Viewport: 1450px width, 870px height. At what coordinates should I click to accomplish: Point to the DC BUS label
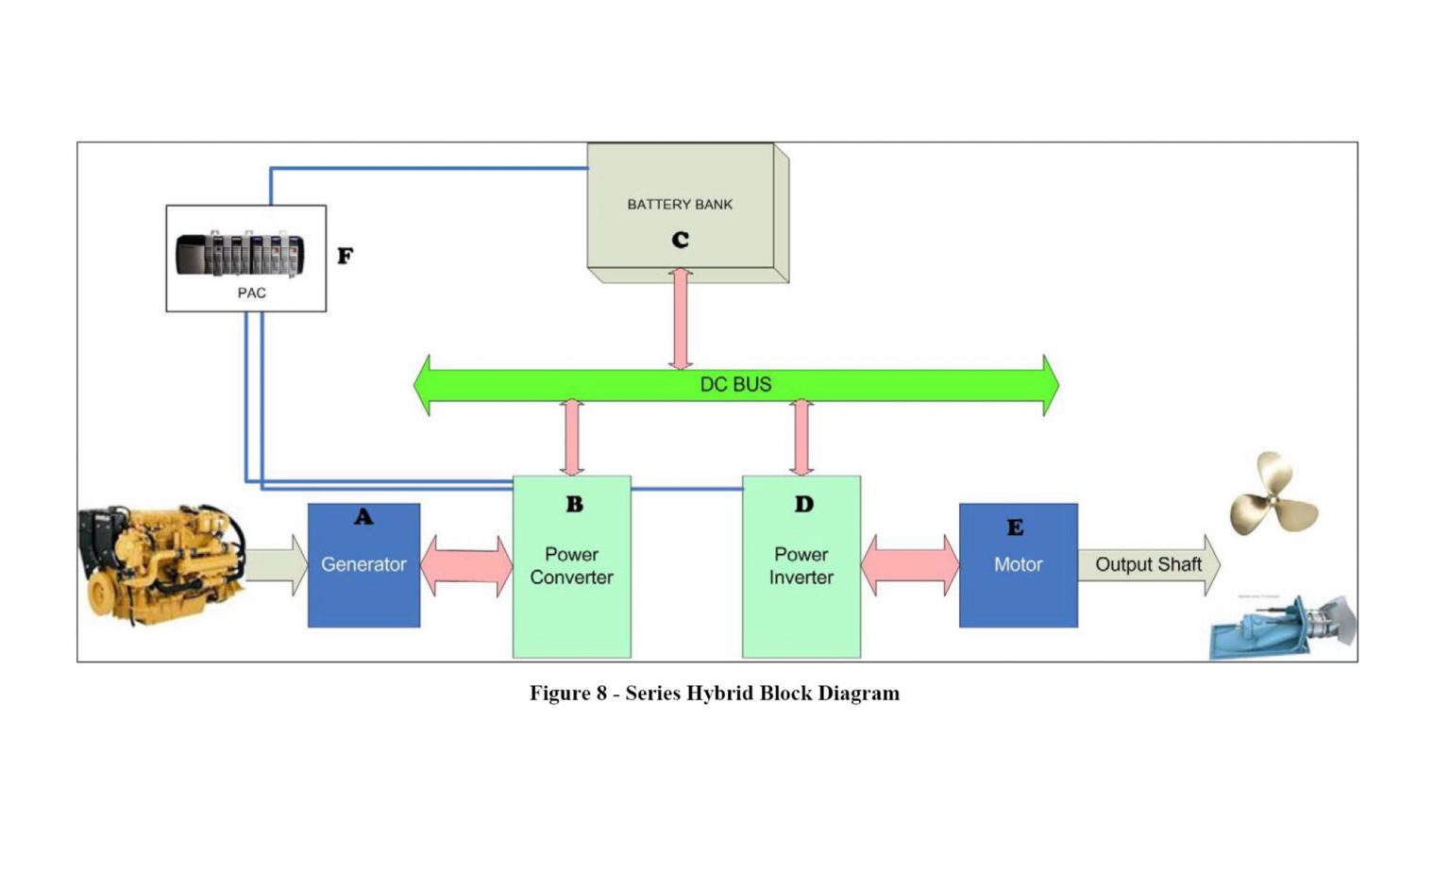click(735, 385)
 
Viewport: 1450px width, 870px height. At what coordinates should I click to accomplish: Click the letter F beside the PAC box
click(346, 256)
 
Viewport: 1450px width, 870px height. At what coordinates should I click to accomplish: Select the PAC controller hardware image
click(241, 253)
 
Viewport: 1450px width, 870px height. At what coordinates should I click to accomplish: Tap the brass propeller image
click(1272, 494)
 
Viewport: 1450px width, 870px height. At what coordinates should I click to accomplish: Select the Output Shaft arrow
click(1148, 564)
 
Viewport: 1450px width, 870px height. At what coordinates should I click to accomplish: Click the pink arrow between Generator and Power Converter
click(466, 565)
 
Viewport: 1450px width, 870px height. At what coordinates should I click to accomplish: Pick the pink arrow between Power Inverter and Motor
click(909, 565)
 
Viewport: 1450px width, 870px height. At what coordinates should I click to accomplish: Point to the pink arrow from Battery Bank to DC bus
click(681, 319)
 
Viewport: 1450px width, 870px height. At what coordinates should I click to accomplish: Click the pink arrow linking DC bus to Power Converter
click(571, 438)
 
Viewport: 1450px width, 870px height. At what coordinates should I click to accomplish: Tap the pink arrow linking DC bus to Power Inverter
click(801, 438)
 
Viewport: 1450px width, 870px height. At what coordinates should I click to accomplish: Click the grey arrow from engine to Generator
click(277, 564)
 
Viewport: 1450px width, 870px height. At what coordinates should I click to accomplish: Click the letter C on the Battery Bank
click(680, 241)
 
